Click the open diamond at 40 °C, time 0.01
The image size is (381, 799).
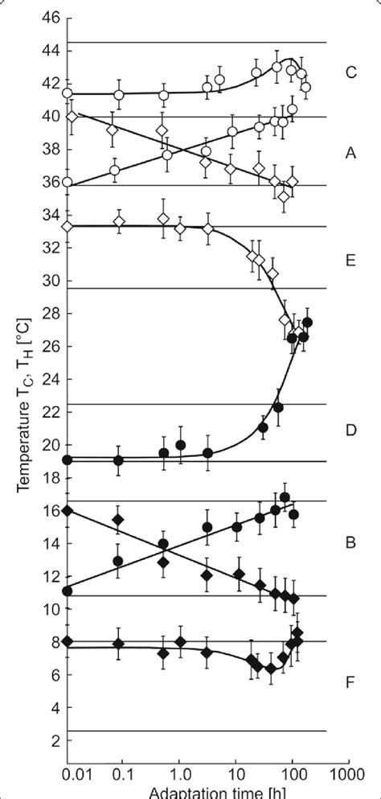(x=72, y=117)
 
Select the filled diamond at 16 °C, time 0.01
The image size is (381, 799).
(x=68, y=511)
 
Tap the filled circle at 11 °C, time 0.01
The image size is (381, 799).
(x=68, y=591)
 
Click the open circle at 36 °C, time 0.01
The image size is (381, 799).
(x=68, y=182)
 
